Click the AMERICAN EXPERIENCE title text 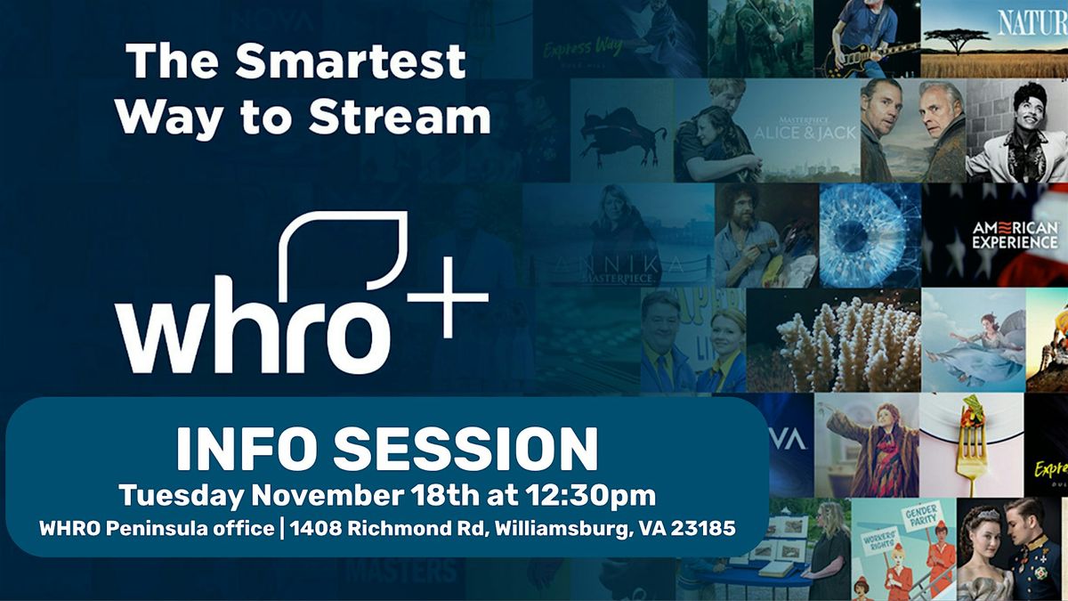coord(1015,235)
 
